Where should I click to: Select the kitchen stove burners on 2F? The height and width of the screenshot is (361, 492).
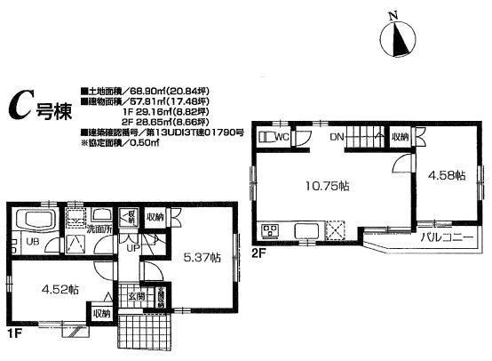coord(270,232)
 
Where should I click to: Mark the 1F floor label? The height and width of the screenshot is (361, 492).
coord(16,332)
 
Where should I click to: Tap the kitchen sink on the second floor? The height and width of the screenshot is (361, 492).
coord(303,233)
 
